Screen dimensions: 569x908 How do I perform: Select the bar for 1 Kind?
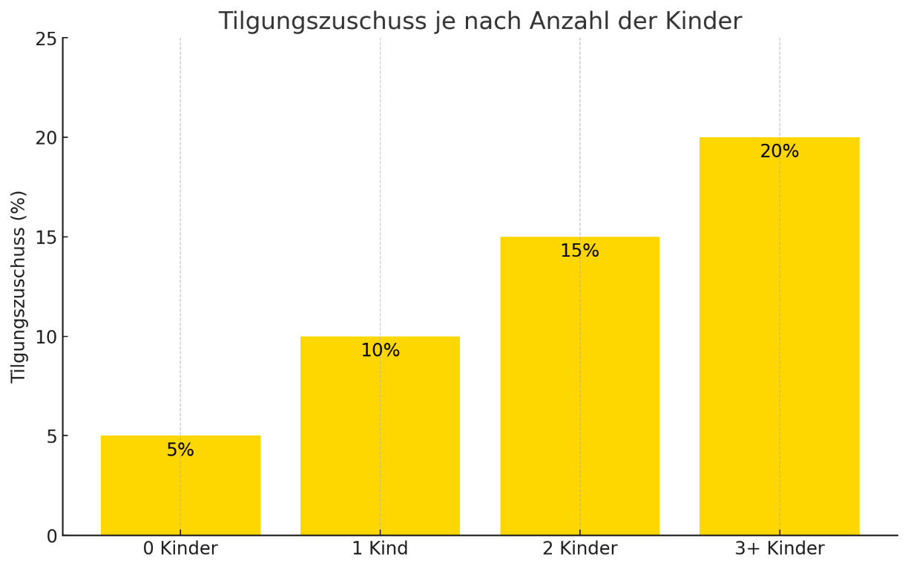click(x=380, y=445)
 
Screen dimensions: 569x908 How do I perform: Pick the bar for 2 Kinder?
click(x=579, y=393)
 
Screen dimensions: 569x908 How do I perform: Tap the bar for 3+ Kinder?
click(x=779, y=341)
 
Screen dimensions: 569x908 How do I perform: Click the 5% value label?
click(x=180, y=450)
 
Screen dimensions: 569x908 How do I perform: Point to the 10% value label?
click(x=380, y=351)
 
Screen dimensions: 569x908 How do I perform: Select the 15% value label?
click(x=579, y=251)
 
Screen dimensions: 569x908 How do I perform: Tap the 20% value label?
click(x=779, y=152)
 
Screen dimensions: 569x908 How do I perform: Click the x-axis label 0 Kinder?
click(x=180, y=549)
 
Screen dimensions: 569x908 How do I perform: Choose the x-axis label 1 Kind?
click(x=380, y=549)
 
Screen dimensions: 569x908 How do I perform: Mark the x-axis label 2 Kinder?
click(x=579, y=549)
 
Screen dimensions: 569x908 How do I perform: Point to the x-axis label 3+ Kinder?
click(x=779, y=549)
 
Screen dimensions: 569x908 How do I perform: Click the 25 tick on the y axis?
click(x=46, y=39)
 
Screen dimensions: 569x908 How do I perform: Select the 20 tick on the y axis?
click(x=46, y=138)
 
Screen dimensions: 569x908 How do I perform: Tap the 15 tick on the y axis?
click(x=46, y=237)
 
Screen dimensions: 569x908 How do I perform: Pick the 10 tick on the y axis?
click(x=46, y=337)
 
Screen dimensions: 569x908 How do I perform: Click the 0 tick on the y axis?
click(x=51, y=536)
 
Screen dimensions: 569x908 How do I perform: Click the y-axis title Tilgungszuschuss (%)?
click(x=19, y=286)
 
